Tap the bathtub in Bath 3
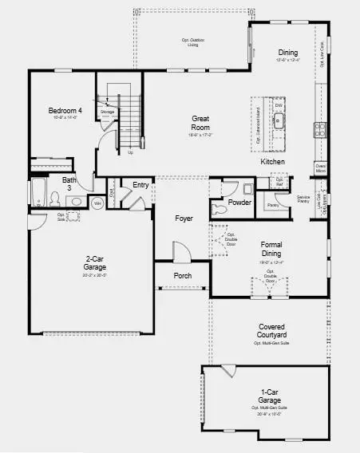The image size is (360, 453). tap(38, 194)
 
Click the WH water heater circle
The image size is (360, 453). tap(97, 203)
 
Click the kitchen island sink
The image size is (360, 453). tap(279, 120)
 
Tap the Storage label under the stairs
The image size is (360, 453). tap(108, 112)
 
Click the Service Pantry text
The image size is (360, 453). tap(303, 199)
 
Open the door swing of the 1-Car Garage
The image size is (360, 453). tap(228, 372)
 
